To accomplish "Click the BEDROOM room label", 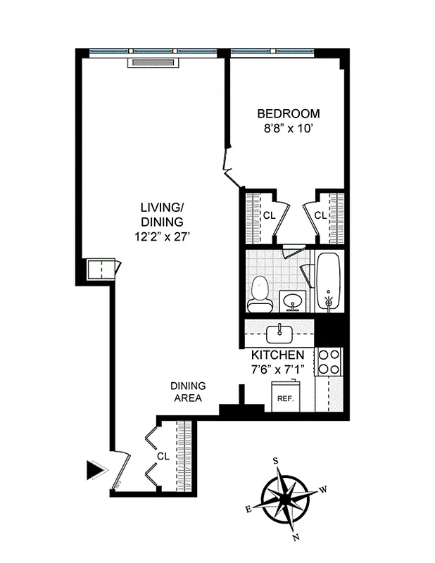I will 288,113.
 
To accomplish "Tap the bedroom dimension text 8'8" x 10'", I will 288,128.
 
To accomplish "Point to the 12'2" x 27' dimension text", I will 162,236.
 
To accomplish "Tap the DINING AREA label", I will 188,392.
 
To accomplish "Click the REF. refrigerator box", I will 284,398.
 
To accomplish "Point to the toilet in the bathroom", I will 260,294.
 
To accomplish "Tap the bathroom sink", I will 292,302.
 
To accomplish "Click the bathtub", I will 328,281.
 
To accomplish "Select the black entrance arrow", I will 94,469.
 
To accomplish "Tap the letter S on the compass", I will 276,461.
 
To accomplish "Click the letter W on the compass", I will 323,488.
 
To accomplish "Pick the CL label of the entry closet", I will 163,456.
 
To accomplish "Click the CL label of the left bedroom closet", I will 268,215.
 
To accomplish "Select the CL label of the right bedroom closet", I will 320,215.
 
